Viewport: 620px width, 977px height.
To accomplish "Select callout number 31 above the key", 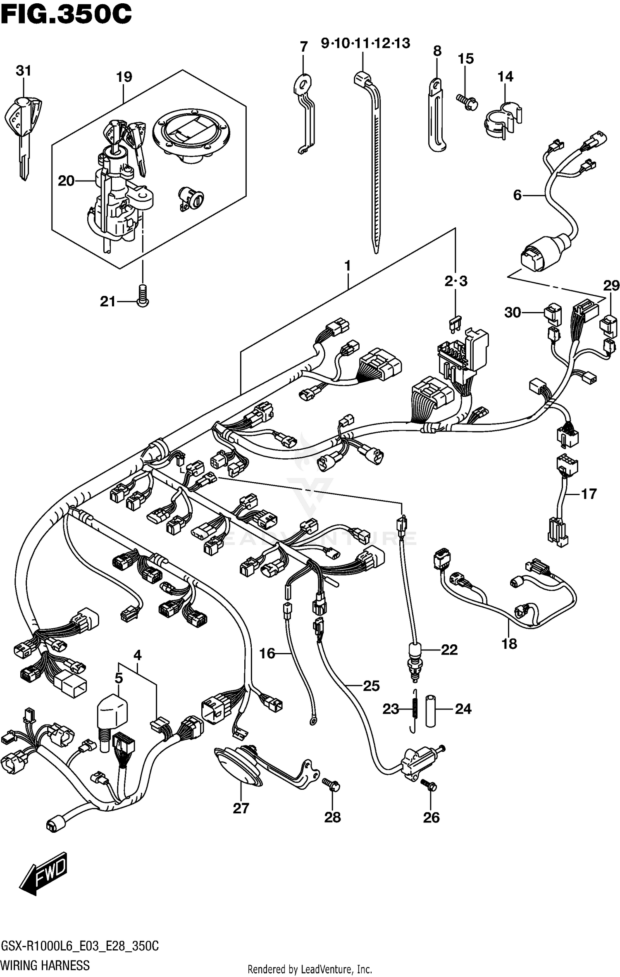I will tap(24, 71).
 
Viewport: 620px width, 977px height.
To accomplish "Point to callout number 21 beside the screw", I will tap(108, 302).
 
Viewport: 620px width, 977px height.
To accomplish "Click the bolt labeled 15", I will tap(467, 101).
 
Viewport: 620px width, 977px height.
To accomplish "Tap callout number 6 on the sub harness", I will tap(517, 195).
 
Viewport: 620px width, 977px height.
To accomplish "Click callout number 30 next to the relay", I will tap(513, 312).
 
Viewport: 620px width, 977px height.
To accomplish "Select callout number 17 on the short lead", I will tap(589, 493).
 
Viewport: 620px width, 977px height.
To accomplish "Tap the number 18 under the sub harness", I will tap(509, 643).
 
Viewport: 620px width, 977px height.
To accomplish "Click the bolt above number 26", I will tap(429, 784).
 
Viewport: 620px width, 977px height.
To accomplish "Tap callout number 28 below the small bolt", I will tap(332, 817).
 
